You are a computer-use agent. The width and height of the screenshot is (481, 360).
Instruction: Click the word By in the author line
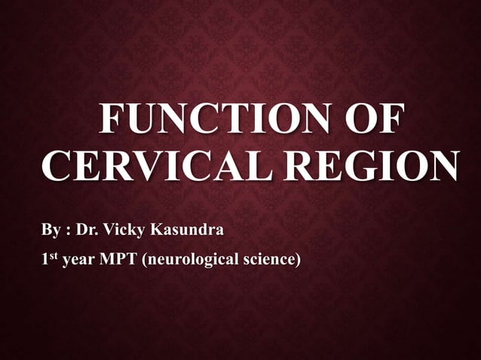[51, 228]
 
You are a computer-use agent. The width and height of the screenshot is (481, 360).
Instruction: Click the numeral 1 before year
[45, 261]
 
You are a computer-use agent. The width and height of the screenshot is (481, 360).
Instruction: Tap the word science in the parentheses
[270, 261]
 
